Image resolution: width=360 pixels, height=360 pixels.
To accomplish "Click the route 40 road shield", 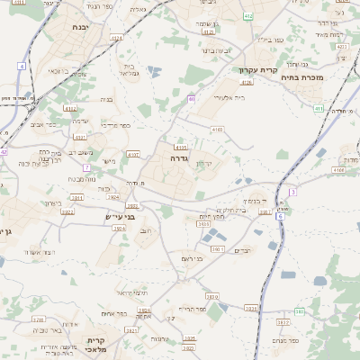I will click(x=191, y=99).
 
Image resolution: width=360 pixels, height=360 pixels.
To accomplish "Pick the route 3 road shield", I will click(x=292, y=192).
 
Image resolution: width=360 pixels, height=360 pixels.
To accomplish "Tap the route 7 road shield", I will click(x=86, y=167).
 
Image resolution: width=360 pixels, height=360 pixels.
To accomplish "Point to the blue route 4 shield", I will click(x=22, y=66).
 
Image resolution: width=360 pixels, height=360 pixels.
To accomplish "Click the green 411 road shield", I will click(x=319, y=109).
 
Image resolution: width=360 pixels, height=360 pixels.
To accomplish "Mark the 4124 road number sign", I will click(x=115, y=39).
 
